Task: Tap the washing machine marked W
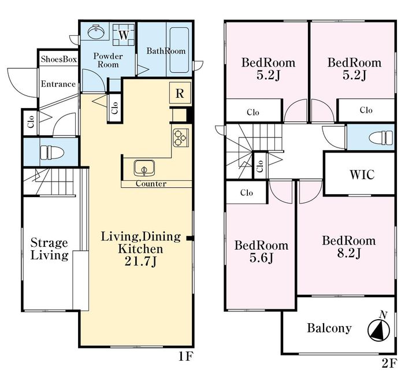[x=124, y=35]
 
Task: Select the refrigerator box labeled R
[x=180, y=93]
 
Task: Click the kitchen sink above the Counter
[x=144, y=168]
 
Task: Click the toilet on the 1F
[x=52, y=153]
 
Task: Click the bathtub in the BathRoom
[x=179, y=50]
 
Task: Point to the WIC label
[x=362, y=175]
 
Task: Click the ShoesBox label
[x=59, y=59]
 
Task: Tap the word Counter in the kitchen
[x=151, y=184]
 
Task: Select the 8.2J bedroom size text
[x=349, y=254]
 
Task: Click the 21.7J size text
[x=140, y=262]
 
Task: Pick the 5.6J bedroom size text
[x=261, y=258]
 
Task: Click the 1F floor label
[x=185, y=357]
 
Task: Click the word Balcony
[x=329, y=328]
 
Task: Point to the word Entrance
[x=58, y=84]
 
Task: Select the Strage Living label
[x=49, y=249]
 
